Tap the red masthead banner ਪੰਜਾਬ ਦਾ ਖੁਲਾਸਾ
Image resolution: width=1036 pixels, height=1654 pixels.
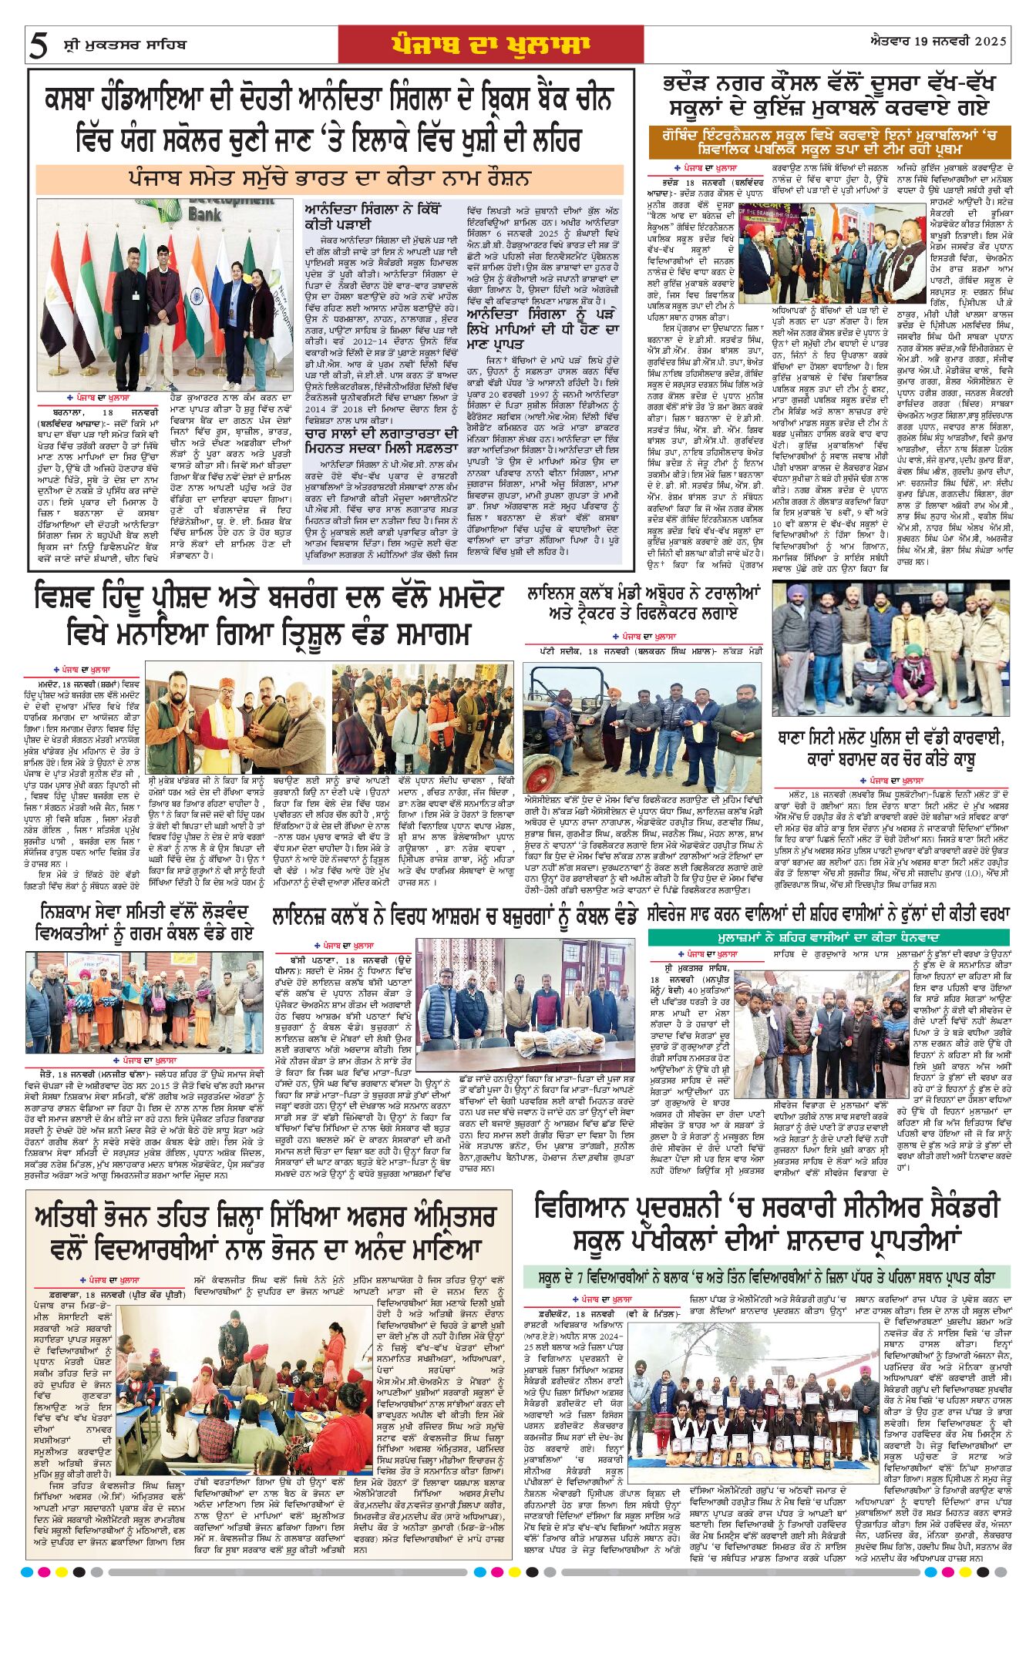coord(490,45)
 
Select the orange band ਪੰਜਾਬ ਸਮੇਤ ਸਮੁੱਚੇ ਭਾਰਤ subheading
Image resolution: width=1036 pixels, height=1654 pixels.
coord(329,179)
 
